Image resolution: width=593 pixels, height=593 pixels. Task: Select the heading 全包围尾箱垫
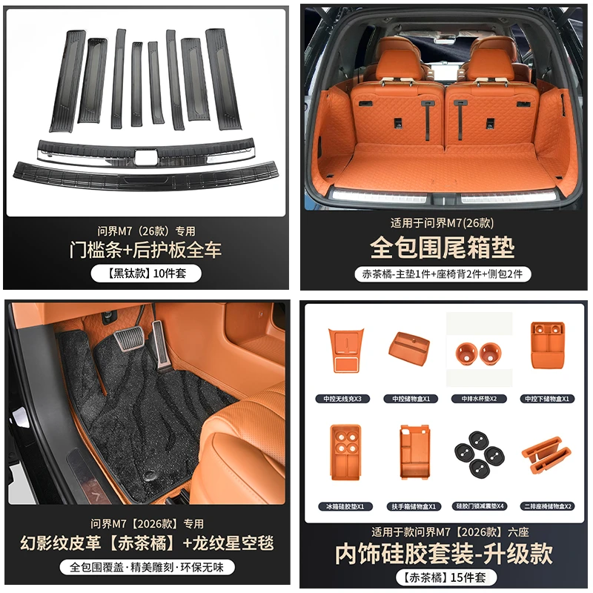[x=442, y=247]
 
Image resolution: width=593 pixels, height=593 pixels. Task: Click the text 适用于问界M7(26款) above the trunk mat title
[x=442, y=222]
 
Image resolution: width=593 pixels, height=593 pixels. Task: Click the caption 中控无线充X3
[x=342, y=398]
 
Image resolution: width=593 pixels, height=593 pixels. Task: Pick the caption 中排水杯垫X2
[x=479, y=398]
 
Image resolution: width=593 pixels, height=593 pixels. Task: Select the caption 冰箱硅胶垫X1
[x=342, y=506]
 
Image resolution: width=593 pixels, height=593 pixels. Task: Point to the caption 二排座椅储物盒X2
[x=548, y=506]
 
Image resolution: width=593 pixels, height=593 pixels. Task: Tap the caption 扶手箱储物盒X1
[x=411, y=506]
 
